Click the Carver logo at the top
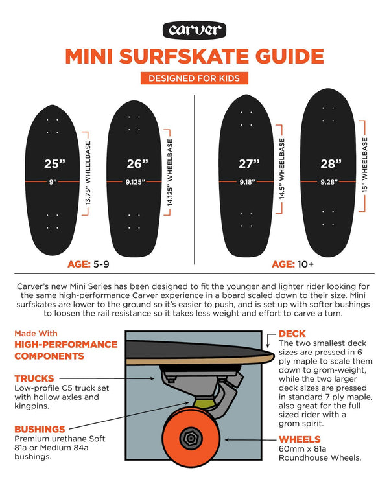pos(194,30)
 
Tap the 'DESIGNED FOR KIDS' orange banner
pos(194,78)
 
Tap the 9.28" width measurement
pos(331,182)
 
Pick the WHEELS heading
pos(300,439)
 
